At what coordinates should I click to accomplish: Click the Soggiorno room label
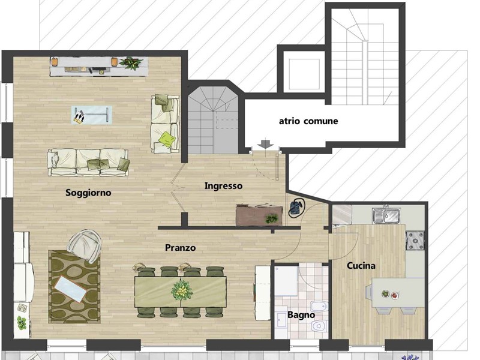pyautogui.click(x=88, y=193)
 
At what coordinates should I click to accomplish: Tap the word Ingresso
pyautogui.click(x=223, y=186)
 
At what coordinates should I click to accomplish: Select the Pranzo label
pyautogui.click(x=181, y=247)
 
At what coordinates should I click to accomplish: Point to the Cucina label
pyautogui.click(x=361, y=265)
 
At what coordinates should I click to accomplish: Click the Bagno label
pyautogui.click(x=301, y=315)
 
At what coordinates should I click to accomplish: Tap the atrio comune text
pyautogui.click(x=308, y=121)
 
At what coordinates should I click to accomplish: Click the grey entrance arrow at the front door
pyautogui.click(x=265, y=143)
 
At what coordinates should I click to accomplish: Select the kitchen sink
pyautogui.click(x=386, y=215)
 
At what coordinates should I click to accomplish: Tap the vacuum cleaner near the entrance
pyautogui.click(x=296, y=208)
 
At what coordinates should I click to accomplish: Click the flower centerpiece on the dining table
pyautogui.click(x=182, y=290)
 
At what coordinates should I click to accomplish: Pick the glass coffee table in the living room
pyautogui.click(x=92, y=115)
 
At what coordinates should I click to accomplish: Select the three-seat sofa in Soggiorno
pyautogui.click(x=88, y=162)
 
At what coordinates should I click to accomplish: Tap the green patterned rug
pyautogui.click(x=74, y=287)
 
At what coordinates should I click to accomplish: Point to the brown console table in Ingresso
pyautogui.click(x=259, y=215)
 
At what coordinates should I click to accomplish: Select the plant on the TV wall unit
pyautogui.click(x=131, y=63)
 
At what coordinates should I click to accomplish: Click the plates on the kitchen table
pyautogui.click(x=389, y=295)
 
